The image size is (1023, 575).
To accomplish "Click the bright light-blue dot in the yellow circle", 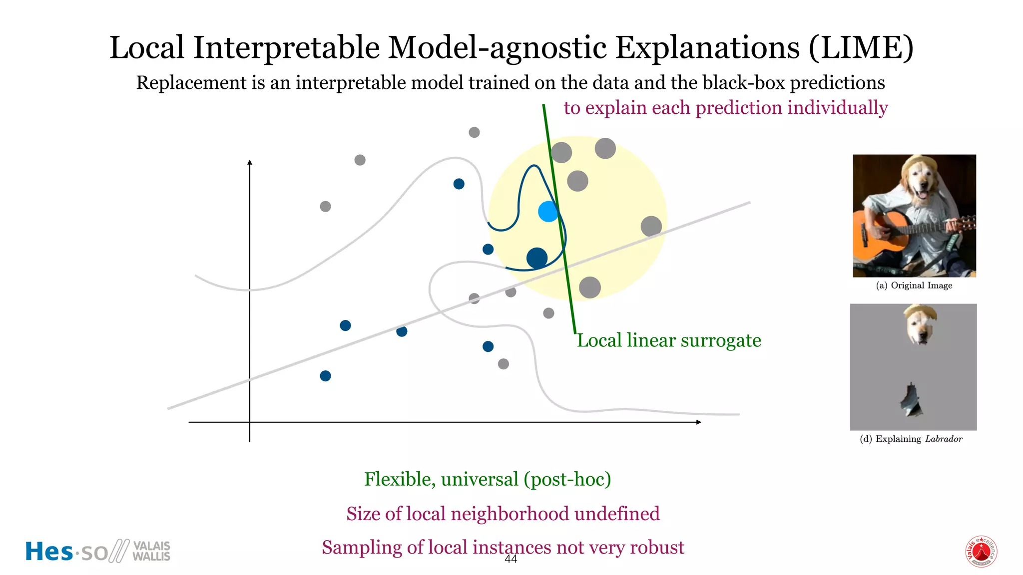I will pos(548,212).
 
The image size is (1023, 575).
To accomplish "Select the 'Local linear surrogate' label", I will pos(669,340).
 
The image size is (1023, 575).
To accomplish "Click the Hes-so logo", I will pos(98,552).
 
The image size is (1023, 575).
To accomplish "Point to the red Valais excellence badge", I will pos(981,552).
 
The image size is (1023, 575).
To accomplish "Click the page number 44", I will pos(511,560).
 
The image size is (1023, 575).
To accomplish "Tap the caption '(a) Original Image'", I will pos(914,286).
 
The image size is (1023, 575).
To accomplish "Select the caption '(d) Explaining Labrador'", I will pos(911,439).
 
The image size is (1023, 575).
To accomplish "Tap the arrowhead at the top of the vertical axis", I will pos(250,162).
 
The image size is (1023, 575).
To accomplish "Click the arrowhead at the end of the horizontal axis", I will pos(699,422).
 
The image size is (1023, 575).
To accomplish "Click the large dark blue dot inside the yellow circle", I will pos(537,258).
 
